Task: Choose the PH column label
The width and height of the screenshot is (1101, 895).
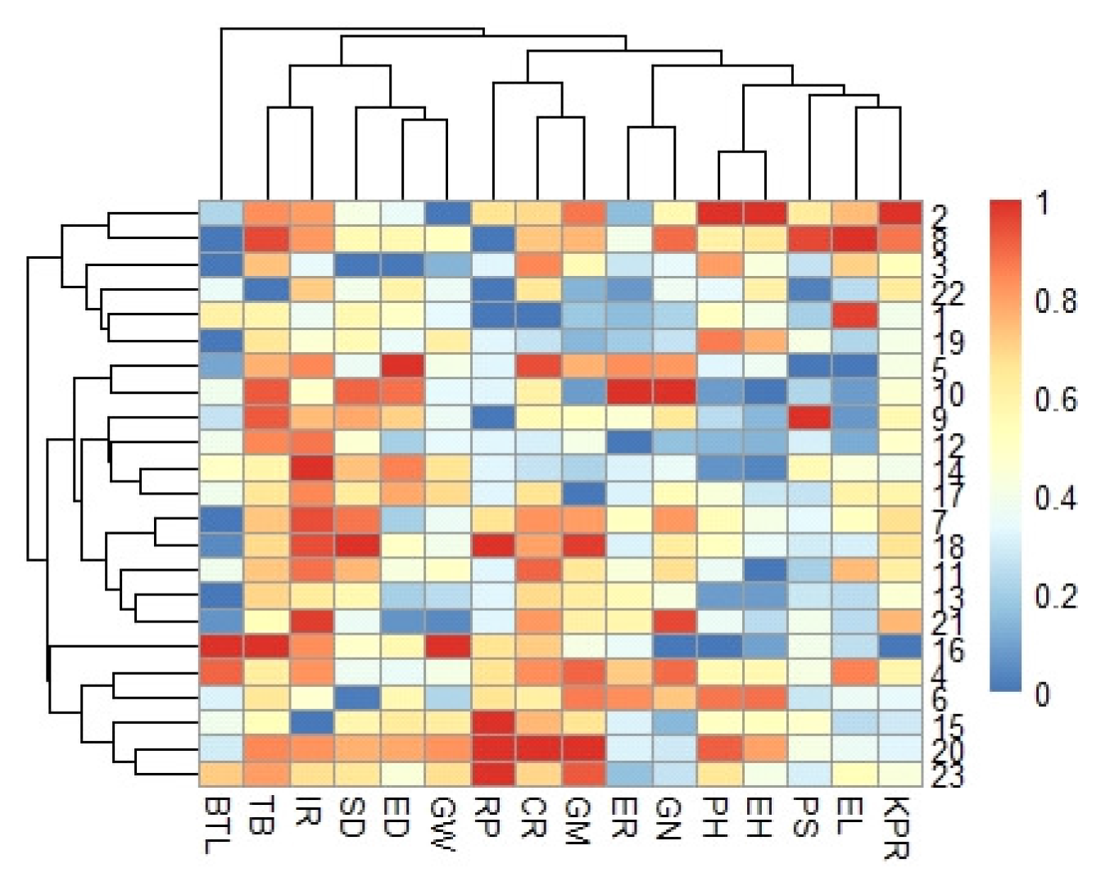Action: (714, 818)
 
